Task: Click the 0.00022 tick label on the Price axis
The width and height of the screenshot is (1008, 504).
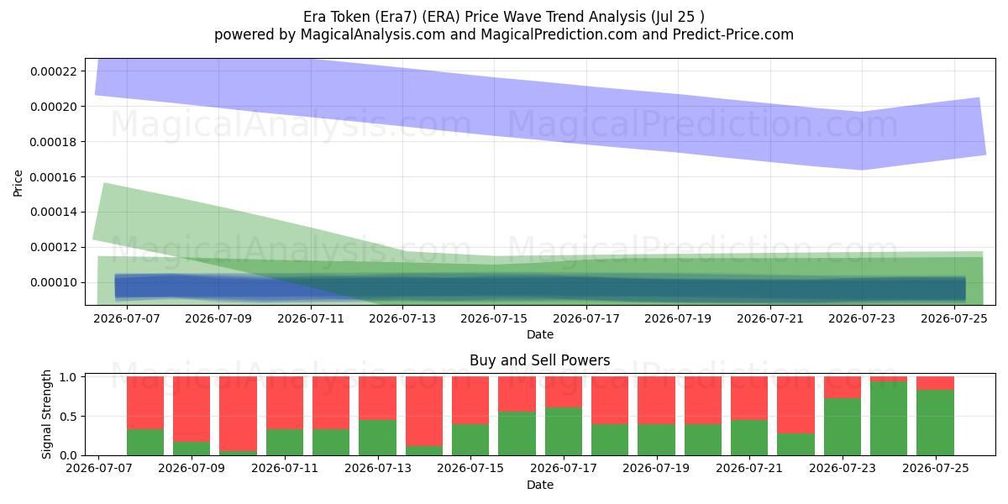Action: tap(54, 71)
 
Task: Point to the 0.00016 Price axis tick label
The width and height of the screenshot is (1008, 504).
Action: tap(54, 177)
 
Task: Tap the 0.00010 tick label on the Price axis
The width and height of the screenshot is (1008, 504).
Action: tap(54, 282)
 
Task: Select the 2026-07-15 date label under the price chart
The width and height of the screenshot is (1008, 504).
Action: tap(494, 318)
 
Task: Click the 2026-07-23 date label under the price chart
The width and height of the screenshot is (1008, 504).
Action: tap(862, 318)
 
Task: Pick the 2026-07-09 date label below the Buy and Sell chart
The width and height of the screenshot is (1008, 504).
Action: tap(192, 468)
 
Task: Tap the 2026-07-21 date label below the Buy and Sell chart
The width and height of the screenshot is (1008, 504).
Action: tap(749, 468)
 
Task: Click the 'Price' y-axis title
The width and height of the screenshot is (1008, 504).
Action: tap(18, 183)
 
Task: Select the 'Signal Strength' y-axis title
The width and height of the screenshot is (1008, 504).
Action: tap(46, 414)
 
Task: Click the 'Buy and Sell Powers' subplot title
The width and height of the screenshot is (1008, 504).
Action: tap(540, 360)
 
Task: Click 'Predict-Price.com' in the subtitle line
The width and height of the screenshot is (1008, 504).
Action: tap(733, 34)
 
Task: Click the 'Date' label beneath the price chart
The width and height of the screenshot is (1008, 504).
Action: tap(540, 334)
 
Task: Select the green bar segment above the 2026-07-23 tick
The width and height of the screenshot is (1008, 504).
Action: tap(843, 427)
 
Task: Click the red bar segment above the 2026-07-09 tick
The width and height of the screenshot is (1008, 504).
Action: tap(192, 409)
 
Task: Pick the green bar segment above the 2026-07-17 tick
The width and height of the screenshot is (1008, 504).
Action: tap(564, 432)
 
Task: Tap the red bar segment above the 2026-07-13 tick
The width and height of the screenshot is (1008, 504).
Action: tap(377, 398)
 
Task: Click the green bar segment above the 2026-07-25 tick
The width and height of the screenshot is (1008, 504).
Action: tap(936, 423)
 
